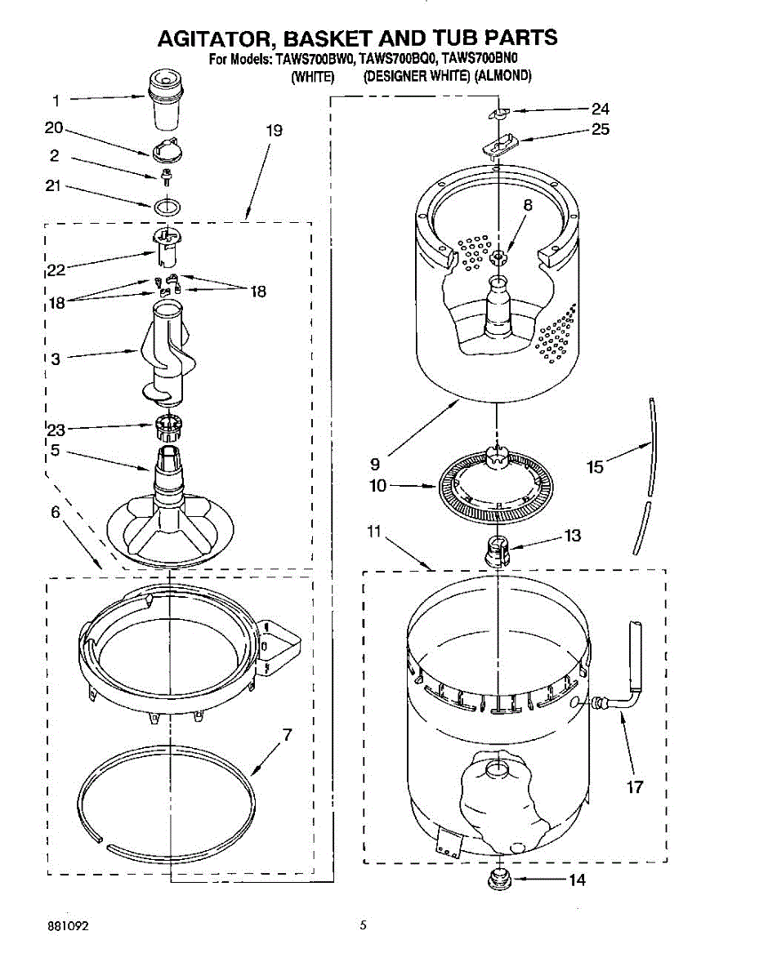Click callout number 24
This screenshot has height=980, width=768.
coord(601,109)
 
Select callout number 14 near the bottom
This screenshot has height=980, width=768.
coord(577,880)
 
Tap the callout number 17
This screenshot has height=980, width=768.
coord(635,787)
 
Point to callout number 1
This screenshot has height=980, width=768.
coord(56,100)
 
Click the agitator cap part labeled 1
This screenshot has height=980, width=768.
coord(166,99)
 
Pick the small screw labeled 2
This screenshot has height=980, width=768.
coord(166,174)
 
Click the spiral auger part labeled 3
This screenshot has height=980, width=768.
coord(166,353)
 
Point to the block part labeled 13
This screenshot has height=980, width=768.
coord(496,551)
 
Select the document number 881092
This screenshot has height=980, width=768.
coord(67,926)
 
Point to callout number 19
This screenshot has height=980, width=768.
coord(274,131)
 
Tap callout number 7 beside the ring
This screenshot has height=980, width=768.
coord(286,734)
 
